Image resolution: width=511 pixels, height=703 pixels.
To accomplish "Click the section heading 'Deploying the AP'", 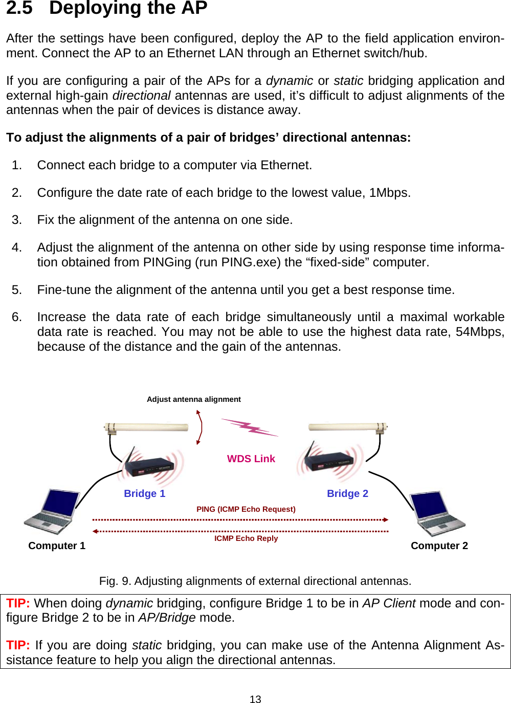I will [x=128, y=8].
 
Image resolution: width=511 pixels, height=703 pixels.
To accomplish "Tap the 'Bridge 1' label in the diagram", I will [x=144, y=493].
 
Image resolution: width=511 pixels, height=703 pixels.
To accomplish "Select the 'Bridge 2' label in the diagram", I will [x=347, y=493].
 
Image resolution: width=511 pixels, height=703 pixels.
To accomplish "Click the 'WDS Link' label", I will [x=251, y=459].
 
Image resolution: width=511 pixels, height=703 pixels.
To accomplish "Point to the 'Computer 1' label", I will [x=57, y=546].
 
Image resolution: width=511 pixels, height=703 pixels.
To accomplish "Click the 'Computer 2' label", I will [x=439, y=546].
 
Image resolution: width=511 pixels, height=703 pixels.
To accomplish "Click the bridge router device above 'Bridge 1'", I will [x=149, y=464].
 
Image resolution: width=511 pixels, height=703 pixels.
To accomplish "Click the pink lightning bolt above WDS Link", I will [x=250, y=427].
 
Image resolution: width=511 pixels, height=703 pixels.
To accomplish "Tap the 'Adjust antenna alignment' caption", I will [x=193, y=399].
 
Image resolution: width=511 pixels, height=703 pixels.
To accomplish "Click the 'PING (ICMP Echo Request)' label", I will [x=246, y=509].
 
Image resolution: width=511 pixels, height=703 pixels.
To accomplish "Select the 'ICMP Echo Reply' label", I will [x=246, y=538].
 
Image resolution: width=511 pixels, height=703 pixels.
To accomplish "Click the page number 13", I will [x=255, y=699].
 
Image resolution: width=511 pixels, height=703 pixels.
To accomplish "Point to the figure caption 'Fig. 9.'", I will [x=115, y=581].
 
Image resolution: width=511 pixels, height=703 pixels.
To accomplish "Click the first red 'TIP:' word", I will [x=18, y=603].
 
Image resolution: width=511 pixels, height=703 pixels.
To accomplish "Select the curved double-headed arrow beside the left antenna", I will [x=199, y=427].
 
